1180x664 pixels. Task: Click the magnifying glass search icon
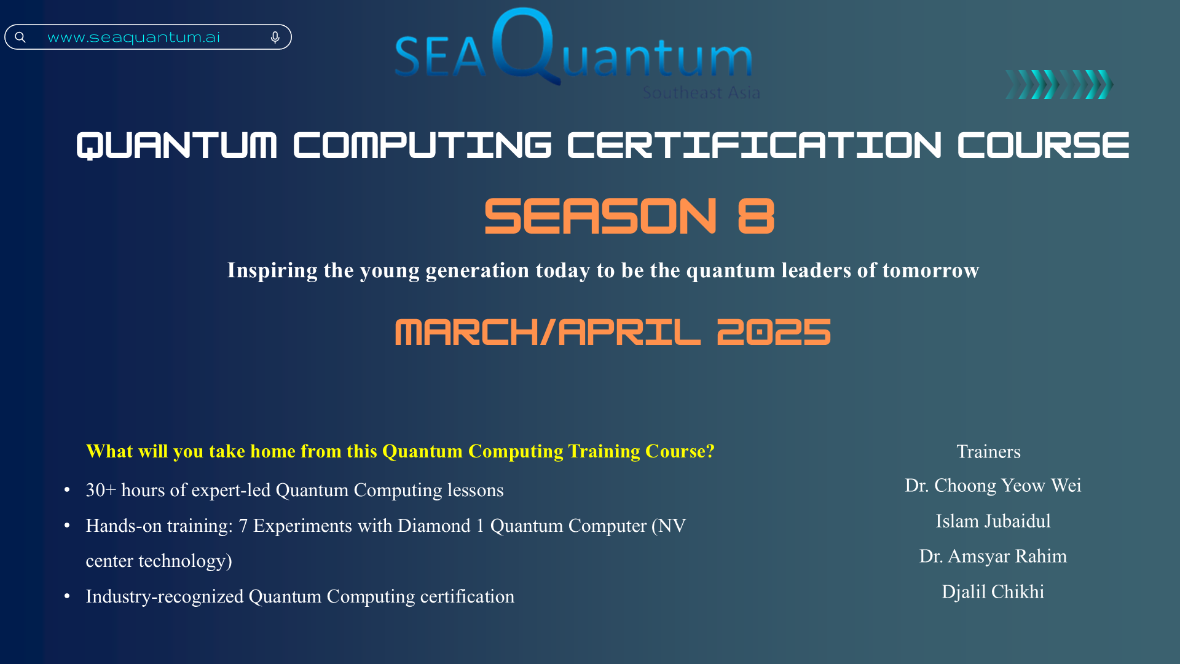pyautogui.click(x=20, y=38)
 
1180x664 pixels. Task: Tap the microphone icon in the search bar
pyautogui.click(x=275, y=38)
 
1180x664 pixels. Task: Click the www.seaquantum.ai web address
pyautogui.click(x=133, y=38)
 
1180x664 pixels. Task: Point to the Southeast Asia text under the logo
pyautogui.click(x=701, y=93)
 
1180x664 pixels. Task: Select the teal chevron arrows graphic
pyautogui.click(x=1059, y=84)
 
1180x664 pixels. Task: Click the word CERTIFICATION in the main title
pyautogui.click(x=754, y=146)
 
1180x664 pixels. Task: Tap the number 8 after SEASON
pyautogui.click(x=756, y=216)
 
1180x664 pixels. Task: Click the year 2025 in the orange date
pyautogui.click(x=774, y=332)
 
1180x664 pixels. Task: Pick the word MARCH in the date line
pyautogui.click(x=466, y=332)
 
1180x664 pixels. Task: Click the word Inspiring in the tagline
pyautogui.click(x=272, y=271)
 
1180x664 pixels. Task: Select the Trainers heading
pyautogui.click(x=988, y=452)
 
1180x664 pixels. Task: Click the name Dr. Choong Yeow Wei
pyautogui.click(x=993, y=486)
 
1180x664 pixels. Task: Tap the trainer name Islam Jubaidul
pyautogui.click(x=993, y=521)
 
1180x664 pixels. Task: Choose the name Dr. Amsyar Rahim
pyautogui.click(x=993, y=556)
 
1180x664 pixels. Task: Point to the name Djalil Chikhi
pyautogui.click(x=993, y=592)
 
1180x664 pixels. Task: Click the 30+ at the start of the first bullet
pyautogui.click(x=101, y=490)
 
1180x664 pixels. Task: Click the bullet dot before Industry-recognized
pyautogui.click(x=67, y=596)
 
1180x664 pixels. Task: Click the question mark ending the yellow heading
pyautogui.click(x=710, y=451)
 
